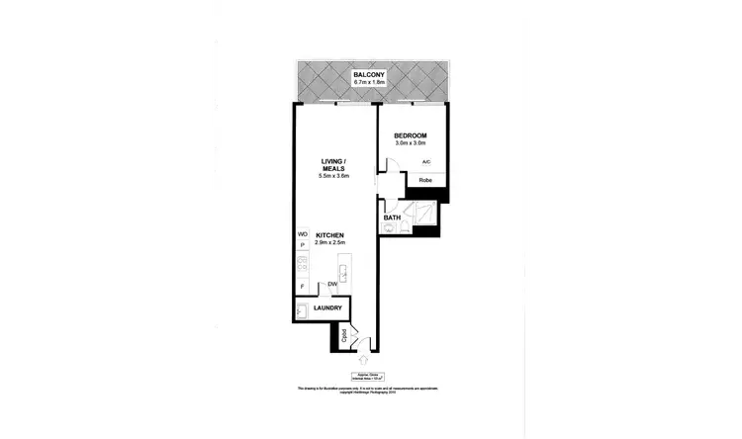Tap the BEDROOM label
410,135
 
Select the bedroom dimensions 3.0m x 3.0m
410,144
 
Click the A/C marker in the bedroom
425,162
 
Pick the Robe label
424,180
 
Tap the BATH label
392,218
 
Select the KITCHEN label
329,234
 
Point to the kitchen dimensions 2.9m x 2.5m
329,242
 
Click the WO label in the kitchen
303,234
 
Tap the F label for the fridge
302,287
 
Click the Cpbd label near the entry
343,335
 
